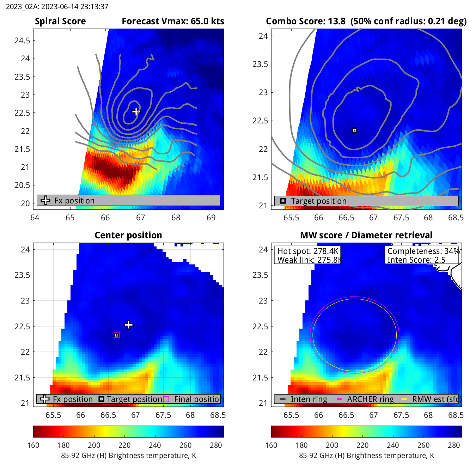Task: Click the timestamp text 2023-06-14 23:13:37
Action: pyautogui.click(x=57, y=7)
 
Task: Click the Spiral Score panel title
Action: pyautogui.click(x=60, y=22)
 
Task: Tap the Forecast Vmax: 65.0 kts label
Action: pyautogui.click(x=173, y=22)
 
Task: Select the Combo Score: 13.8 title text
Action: pyautogui.click(x=305, y=22)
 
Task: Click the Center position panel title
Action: pyautogui.click(x=128, y=235)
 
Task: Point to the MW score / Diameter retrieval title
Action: pyautogui.click(x=366, y=235)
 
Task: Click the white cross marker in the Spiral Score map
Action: pyautogui.click(x=136, y=112)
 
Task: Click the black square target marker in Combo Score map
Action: pyautogui.click(x=355, y=130)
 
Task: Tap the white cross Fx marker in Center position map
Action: pyautogui.click(x=129, y=325)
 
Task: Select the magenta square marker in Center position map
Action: pyautogui.click(x=117, y=335)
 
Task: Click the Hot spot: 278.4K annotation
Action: pyautogui.click(x=308, y=251)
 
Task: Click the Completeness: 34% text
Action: pyautogui.click(x=423, y=251)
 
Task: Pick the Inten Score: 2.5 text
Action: pyautogui.click(x=416, y=260)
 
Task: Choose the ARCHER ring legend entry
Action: pyautogui.click(x=370, y=399)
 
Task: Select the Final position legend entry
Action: pyautogui.click(x=197, y=399)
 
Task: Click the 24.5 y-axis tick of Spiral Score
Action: pyautogui.click(x=22, y=41)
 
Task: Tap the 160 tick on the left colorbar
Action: pyautogui.click(x=33, y=445)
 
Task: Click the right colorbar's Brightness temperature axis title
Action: pyautogui.click(x=366, y=456)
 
